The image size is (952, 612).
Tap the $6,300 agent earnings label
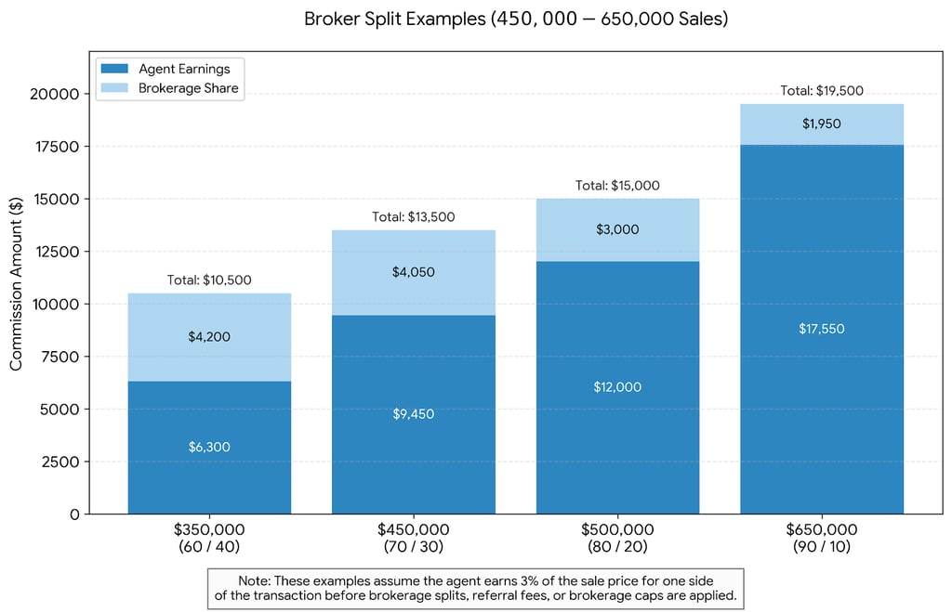[x=209, y=447]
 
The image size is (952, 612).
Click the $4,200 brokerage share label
[x=209, y=337]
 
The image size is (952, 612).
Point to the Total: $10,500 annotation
[x=209, y=280]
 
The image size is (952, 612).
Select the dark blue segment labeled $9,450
[x=413, y=414]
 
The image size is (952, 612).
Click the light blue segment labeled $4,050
[x=413, y=272]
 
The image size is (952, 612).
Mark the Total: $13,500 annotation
[x=413, y=216]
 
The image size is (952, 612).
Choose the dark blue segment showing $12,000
[x=617, y=387]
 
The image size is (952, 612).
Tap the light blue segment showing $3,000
[x=617, y=229]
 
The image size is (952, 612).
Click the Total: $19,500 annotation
[x=822, y=90]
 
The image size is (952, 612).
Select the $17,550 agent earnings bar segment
[x=822, y=329]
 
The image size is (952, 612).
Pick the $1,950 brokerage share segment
[x=822, y=124]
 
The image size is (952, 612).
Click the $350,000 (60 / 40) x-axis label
[x=209, y=538]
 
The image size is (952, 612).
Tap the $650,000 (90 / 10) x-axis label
[x=822, y=538]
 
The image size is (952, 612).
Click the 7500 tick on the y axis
[x=60, y=358]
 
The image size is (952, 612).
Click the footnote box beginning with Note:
[x=475, y=588]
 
